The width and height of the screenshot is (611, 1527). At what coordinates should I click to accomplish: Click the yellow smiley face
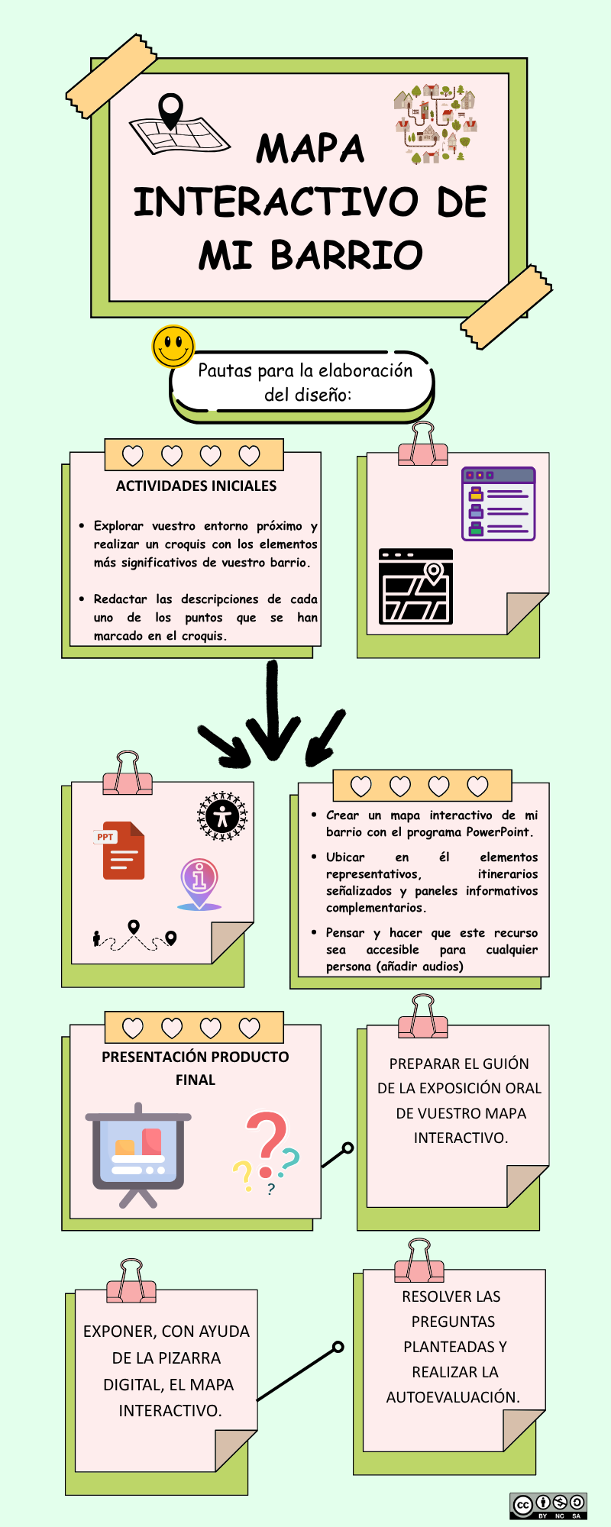click(x=173, y=347)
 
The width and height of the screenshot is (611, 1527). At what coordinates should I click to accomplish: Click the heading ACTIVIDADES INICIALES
click(x=196, y=486)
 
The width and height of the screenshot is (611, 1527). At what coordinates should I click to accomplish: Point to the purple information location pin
click(x=199, y=883)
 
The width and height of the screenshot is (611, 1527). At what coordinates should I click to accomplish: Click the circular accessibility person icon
click(x=222, y=816)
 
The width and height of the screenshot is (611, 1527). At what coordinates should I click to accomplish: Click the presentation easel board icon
click(x=138, y=1154)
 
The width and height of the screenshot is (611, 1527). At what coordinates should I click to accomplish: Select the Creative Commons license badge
click(x=548, y=1505)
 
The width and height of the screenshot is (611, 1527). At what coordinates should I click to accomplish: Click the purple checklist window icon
click(x=498, y=504)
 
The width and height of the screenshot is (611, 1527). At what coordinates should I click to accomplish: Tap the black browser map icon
click(x=415, y=586)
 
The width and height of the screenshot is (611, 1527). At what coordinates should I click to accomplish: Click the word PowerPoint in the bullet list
click(x=499, y=832)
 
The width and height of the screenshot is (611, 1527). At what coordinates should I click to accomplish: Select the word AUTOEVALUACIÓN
click(x=453, y=1397)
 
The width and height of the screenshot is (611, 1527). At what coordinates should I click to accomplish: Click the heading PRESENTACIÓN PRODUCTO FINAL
click(x=196, y=1067)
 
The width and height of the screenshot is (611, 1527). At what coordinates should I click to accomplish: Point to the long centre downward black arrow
click(x=272, y=710)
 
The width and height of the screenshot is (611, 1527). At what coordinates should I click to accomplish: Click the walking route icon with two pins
click(x=134, y=936)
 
